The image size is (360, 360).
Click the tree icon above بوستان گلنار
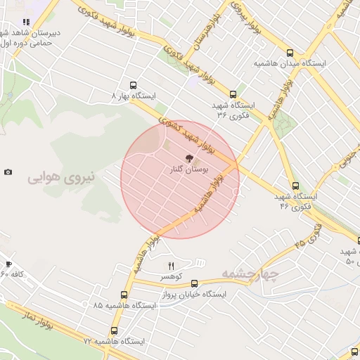187,159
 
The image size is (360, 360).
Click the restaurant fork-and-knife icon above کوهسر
170,266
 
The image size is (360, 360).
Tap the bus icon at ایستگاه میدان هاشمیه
290,53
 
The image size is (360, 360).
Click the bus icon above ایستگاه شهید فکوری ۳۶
233,94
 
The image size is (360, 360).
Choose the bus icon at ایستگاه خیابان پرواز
195,283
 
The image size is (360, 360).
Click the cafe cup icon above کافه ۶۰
8,264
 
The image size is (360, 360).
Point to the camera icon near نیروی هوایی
8,172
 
